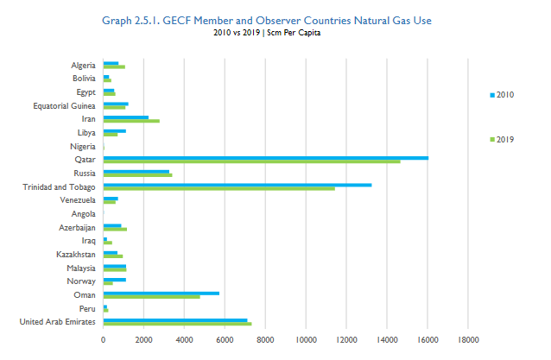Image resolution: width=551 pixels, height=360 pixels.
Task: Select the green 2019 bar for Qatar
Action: tap(251, 161)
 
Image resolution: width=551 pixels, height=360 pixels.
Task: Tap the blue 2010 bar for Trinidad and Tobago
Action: tap(237, 184)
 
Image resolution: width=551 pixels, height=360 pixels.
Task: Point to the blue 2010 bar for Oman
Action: tap(161, 293)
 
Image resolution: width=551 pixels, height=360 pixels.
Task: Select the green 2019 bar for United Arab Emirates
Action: tap(177, 324)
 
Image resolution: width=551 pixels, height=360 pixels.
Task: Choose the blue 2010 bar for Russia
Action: tap(136, 171)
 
